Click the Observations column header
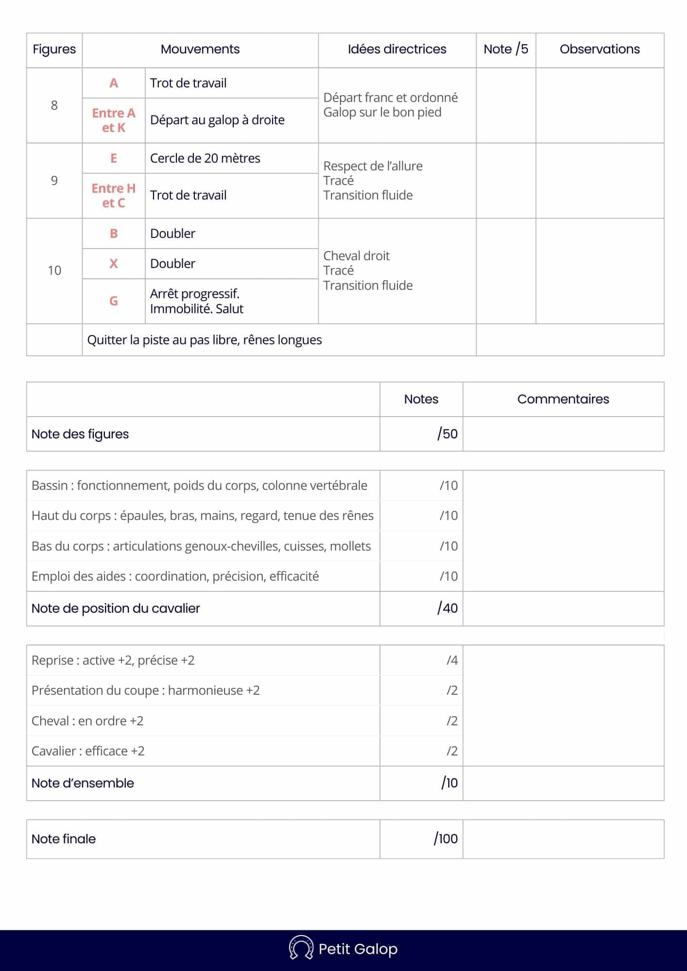point(600,49)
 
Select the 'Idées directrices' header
point(397,49)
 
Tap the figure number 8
point(54,105)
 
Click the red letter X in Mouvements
point(114,264)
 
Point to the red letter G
point(114,301)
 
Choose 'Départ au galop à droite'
point(217,120)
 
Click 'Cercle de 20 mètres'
point(205,158)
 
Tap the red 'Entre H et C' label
point(114,195)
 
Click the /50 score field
point(447,434)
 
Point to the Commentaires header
point(563,399)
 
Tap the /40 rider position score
point(447,608)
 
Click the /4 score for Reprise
point(452,660)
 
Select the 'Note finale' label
point(64,839)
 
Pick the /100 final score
point(446,838)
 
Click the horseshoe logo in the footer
point(301,948)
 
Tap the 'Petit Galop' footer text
point(358,949)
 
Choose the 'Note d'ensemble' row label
point(83,783)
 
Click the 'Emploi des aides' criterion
point(175,576)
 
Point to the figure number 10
point(54,270)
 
